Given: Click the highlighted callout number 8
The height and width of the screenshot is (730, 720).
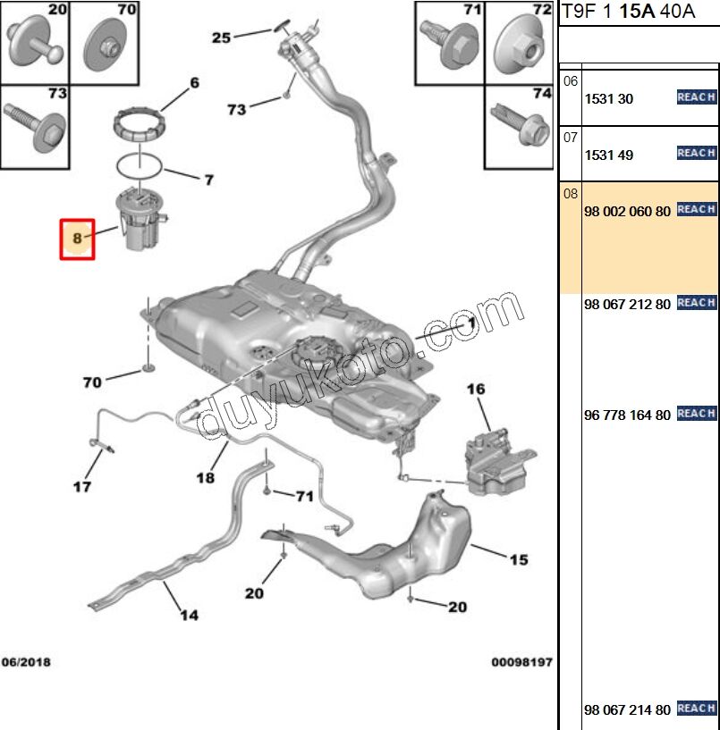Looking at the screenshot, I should [x=77, y=239].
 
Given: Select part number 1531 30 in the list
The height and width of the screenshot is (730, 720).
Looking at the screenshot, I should [x=608, y=99].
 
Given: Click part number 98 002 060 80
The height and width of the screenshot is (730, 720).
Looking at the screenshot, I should [x=626, y=212].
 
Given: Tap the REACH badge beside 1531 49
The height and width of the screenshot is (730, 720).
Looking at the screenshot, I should [x=696, y=153].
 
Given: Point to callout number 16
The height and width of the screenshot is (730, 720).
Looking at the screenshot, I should [x=475, y=389].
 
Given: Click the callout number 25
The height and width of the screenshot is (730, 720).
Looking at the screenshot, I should [x=221, y=38].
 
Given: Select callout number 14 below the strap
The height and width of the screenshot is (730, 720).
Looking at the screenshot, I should [x=189, y=615].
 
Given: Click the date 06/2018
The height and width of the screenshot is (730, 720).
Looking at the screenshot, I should [x=25, y=662].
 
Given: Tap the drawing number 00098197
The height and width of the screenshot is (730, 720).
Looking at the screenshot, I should [x=521, y=662].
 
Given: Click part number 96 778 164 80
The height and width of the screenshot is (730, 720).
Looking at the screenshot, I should [x=626, y=415].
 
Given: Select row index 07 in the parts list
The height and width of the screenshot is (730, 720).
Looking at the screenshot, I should [x=571, y=138].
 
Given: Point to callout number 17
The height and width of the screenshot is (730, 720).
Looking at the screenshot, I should [x=81, y=487].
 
